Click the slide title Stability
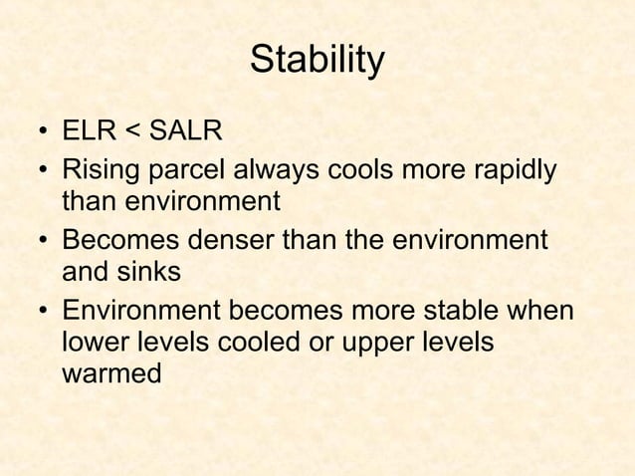coord(316,61)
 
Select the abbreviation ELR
coord(92,133)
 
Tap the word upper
coord(367,345)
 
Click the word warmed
coord(110,377)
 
